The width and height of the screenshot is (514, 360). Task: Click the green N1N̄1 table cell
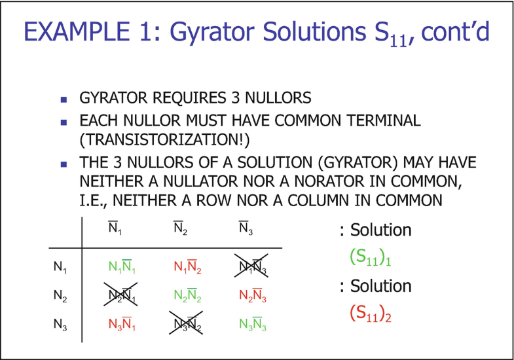tap(122, 266)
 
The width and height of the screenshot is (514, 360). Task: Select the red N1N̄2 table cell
tap(187, 266)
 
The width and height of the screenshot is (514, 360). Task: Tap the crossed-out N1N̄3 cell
tap(251, 266)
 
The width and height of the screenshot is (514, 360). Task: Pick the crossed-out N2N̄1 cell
tap(120, 294)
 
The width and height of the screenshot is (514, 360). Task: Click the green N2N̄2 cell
tap(187, 295)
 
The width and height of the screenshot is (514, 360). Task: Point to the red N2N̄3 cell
tap(253, 295)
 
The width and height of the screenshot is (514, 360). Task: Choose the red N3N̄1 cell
tap(122, 324)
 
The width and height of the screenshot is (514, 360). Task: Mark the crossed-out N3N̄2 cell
tap(186, 323)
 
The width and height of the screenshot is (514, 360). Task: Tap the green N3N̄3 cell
tap(253, 324)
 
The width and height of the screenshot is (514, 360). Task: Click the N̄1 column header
tap(115, 228)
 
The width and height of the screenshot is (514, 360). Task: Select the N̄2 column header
tap(181, 228)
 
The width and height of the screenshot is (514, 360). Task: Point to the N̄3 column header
tap(246, 228)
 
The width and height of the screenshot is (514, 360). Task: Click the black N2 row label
tap(60, 296)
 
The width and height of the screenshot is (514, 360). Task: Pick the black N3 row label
tap(60, 324)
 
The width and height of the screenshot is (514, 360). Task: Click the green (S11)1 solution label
tap(371, 257)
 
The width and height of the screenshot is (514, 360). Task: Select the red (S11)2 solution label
tap(371, 314)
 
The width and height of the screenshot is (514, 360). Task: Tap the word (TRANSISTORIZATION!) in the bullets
tap(164, 139)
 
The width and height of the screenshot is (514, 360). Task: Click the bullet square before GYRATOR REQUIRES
tap(64, 99)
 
